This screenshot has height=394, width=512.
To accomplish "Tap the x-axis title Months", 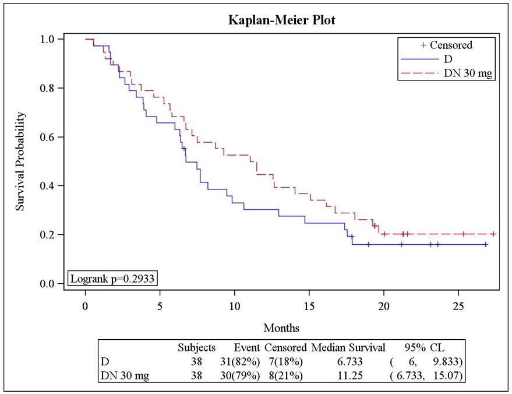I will pos(281,328).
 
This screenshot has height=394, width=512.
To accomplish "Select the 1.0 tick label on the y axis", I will pos(50,39).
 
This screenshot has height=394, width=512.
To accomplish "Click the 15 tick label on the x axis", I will pos(309,305).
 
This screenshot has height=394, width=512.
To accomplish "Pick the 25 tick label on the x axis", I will pos(458,305).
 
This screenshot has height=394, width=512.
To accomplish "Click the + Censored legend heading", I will pos(446,45).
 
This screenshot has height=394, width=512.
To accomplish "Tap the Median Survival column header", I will pos(348,348).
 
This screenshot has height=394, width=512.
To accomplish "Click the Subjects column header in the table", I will pos(197,348).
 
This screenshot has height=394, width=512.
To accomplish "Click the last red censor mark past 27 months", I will pos(493,234).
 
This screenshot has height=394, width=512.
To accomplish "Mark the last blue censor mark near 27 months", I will pos(485,245).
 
